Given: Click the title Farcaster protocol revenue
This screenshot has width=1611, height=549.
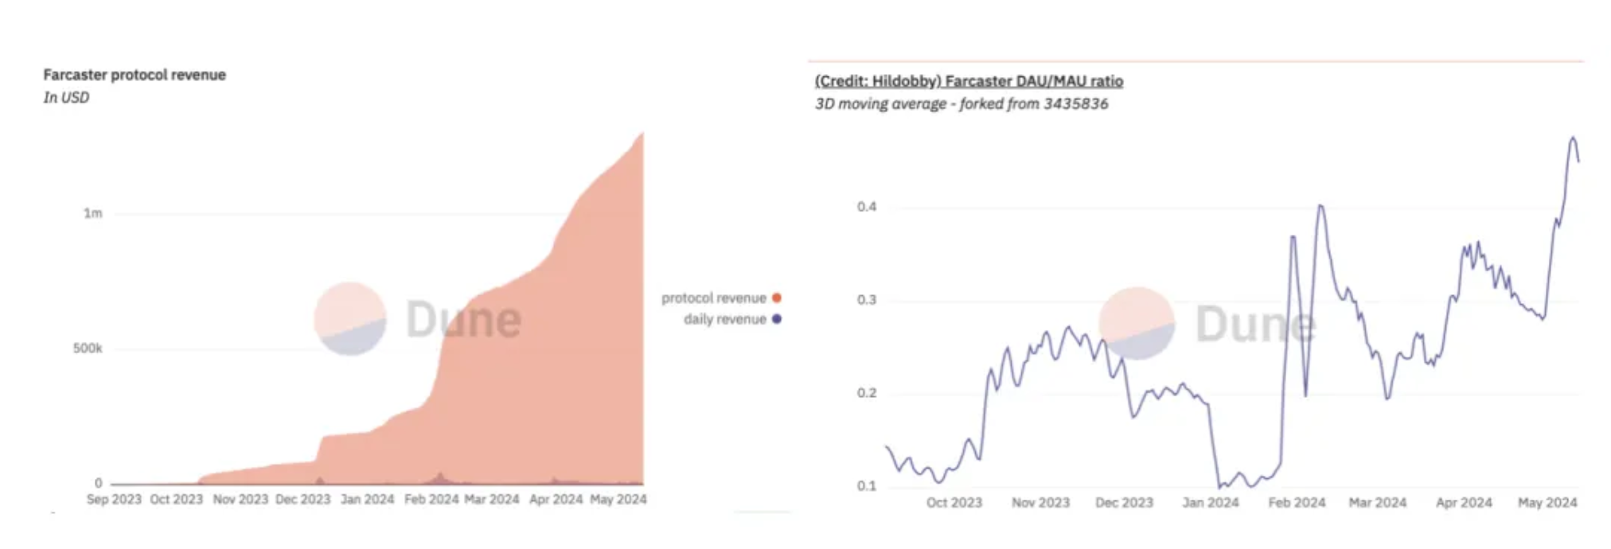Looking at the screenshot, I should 135,75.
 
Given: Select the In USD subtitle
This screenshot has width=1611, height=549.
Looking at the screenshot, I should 66,98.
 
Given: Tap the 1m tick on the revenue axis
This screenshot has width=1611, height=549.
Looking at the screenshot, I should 93,213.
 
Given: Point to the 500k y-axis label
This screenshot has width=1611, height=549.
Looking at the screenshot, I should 88,348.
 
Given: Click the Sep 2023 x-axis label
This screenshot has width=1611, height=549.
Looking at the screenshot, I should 114,500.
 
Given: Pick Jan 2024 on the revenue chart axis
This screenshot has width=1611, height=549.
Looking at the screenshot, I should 367,500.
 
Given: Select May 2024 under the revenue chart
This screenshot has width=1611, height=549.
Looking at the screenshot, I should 618,500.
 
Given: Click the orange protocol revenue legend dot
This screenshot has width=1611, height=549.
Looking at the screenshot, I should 777,298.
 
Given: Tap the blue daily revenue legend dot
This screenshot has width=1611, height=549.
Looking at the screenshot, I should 777,319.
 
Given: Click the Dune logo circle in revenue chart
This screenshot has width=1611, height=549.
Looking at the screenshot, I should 350,318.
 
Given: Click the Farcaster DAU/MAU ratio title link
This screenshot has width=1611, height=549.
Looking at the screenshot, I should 969,81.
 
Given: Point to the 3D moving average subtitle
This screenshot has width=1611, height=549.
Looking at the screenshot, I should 961,104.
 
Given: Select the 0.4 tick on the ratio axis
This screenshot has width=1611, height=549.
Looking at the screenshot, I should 867,207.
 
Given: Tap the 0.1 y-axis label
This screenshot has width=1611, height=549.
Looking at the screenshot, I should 867,486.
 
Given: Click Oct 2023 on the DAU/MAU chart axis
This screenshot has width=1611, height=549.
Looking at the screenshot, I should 954,503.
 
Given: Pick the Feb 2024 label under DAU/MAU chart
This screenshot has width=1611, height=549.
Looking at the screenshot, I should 1297,503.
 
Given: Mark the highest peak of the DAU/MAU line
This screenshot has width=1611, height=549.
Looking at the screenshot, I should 1573,138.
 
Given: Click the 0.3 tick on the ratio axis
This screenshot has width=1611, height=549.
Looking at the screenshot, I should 867,300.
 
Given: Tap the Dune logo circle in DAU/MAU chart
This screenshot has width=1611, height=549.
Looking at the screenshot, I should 1137,323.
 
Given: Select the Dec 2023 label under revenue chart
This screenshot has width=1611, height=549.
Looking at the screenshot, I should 302,500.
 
